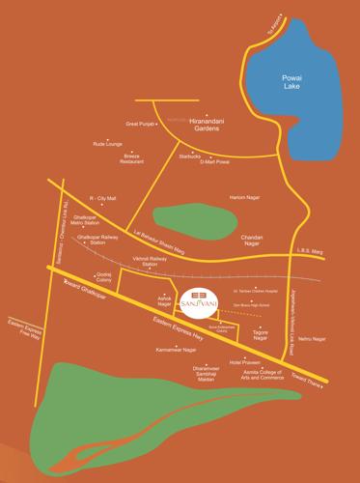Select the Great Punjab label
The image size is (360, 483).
(141, 125)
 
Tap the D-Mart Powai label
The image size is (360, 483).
(213, 162)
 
